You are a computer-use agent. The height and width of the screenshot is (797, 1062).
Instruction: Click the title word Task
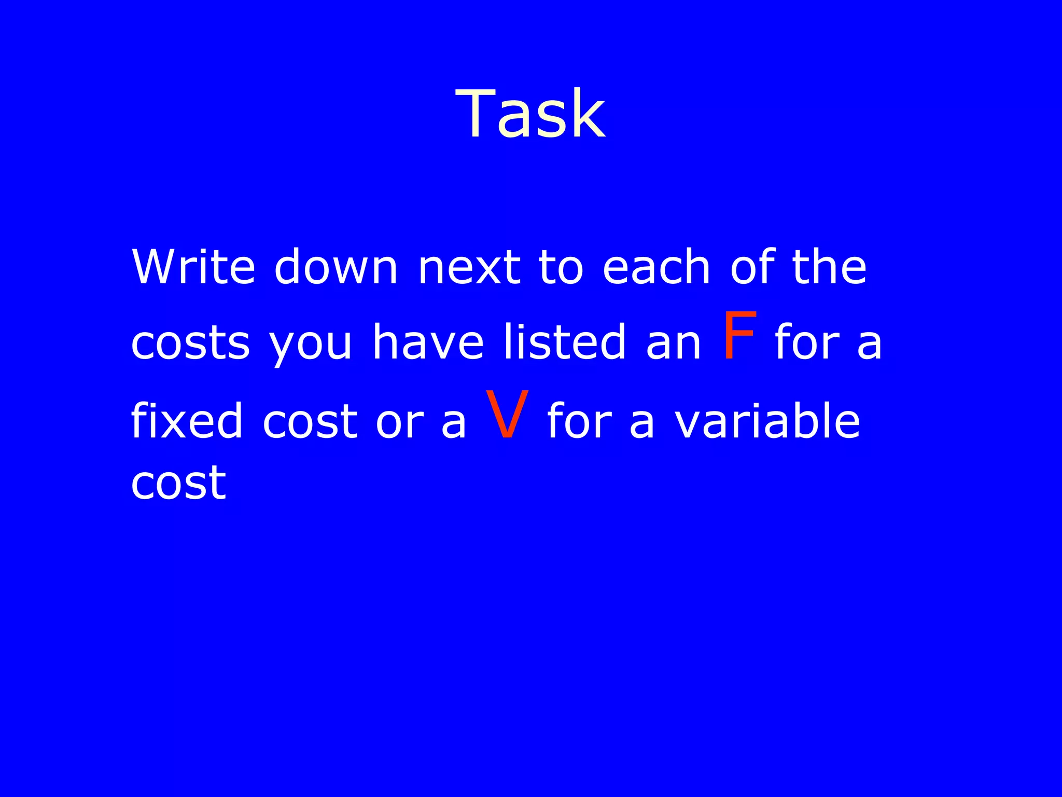point(530,114)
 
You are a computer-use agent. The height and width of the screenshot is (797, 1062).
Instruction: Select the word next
point(469,268)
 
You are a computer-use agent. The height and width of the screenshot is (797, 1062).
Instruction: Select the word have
point(428,342)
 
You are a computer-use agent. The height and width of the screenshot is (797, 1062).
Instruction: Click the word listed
point(565,342)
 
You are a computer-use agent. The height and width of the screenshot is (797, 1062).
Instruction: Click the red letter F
point(739,336)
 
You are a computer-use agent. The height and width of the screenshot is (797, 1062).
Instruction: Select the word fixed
point(187,420)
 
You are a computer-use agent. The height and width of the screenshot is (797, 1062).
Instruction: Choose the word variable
point(767,420)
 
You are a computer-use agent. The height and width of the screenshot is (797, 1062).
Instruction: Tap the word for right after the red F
point(807,342)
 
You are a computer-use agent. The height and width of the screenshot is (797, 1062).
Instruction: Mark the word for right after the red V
point(580,420)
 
